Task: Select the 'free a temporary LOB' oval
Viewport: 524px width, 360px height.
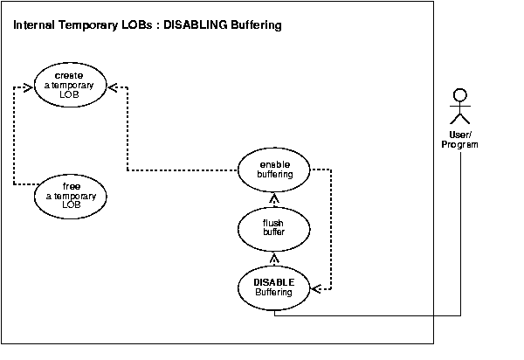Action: (x=71, y=197)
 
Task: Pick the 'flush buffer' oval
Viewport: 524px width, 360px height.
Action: (x=274, y=230)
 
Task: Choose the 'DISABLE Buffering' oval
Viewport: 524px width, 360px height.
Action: (x=274, y=287)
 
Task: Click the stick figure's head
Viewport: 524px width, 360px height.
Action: (x=460, y=94)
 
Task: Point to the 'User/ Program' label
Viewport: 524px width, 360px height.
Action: (x=459, y=139)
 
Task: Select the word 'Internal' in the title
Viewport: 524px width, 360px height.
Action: (x=36, y=25)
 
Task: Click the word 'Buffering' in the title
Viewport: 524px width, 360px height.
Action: (x=254, y=25)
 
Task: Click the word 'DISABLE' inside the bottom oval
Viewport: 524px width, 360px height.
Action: (x=273, y=282)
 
